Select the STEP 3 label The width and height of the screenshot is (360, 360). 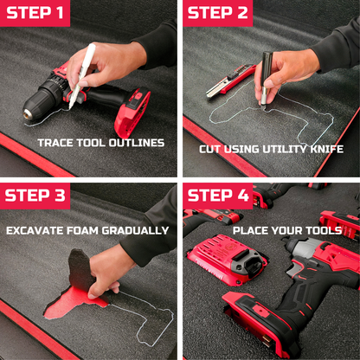pyautogui.click(x=36, y=195)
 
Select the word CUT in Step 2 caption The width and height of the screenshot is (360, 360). pyautogui.click(x=209, y=149)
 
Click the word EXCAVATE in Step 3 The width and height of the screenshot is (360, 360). pyautogui.click(x=36, y=230)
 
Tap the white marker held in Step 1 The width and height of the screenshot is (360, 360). pyautogui.click(x=89, y=60)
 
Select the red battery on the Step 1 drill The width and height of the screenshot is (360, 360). pyautogui.click(x=132, y=111)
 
